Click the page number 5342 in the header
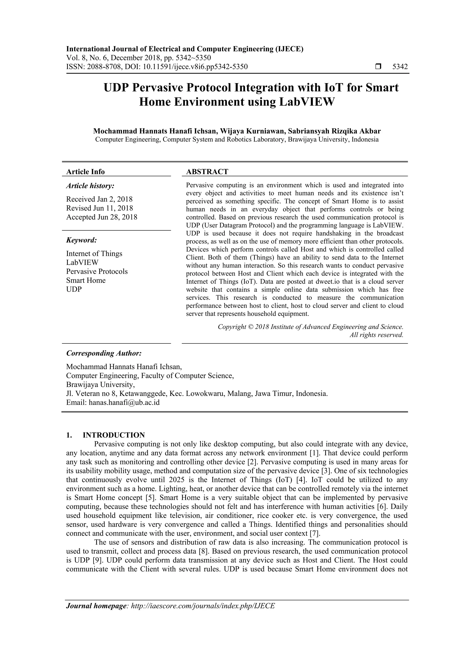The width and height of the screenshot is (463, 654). tap(400, 67)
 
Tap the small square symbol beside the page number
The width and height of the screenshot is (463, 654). tap(378, 67)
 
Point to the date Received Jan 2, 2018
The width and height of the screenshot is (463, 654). tap(99, 199)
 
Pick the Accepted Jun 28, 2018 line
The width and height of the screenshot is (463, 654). tap(102, 217)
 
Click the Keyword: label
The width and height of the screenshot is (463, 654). tap(82, 240)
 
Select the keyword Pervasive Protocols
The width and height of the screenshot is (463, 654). tap(97, 271)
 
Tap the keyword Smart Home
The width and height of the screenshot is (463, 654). tap(86, 280)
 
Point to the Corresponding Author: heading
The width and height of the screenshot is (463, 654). tap(104, 353)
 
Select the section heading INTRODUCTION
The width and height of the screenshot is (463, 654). tap(114, 435)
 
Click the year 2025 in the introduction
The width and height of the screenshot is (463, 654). tap(178, 480)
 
